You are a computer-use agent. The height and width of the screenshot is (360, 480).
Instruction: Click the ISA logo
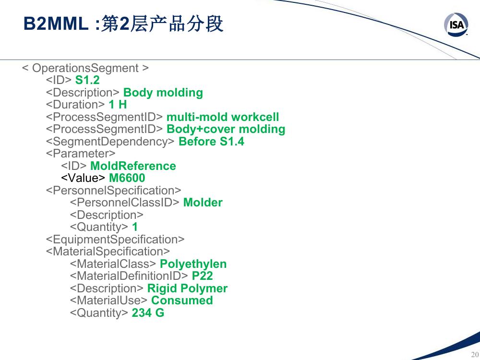pos(456,24)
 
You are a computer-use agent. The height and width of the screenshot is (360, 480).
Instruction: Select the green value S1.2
pos(87,80)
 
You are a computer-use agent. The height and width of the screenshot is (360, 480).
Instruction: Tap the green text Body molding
pos(163,93)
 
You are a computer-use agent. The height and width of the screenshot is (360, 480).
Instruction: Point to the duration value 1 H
pos(118,105)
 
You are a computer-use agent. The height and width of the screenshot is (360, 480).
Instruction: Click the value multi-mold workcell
pos(223,117)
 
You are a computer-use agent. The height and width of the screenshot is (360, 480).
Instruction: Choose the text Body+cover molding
pos(226,129)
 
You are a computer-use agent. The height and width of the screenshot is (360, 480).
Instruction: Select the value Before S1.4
pos(211,142)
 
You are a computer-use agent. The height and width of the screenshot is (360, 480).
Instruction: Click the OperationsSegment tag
pos(85,68)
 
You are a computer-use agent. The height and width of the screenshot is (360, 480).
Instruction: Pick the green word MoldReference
pos(133,166)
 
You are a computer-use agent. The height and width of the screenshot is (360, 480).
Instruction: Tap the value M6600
pos(127,178)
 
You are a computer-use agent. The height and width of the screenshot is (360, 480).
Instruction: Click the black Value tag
pos(83,178)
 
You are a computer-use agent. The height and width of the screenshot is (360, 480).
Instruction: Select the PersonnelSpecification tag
pos(114,191)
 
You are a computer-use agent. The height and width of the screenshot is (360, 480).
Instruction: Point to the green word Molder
pos(203,203)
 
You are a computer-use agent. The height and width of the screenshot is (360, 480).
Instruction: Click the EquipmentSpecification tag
pos(115,240)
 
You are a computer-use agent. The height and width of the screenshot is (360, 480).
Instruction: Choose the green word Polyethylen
pos(193,264)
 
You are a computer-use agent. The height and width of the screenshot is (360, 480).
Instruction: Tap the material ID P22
pos(202,276)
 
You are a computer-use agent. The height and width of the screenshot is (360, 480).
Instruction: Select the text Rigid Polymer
pos(187,288)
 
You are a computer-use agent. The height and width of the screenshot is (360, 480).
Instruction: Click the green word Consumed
pos(182,300)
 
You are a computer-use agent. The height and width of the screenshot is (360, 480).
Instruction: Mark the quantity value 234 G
pos(148,313)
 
